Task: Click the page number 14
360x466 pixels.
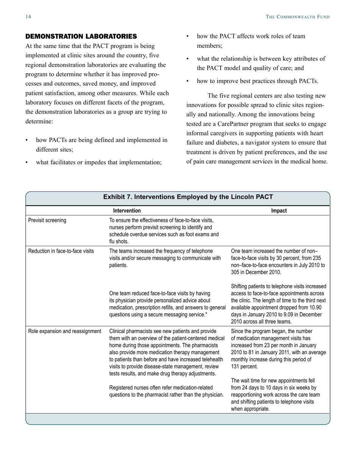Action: pyautogui.click(x=28, y=17)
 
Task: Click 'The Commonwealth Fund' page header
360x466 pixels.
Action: pyautogui.click(x=297, y=17)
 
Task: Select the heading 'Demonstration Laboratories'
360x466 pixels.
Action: pyautogui.click(x=81, y=36)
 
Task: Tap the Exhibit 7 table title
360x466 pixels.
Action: pyautogui.click(x=188, y=197)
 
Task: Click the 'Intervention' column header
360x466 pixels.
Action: pyautogui.click(x=127, y=211)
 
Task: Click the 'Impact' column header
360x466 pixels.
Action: pyautogui.click(x=279, y=211)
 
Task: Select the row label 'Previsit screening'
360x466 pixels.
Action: pyautogui.click(x=47, y=220)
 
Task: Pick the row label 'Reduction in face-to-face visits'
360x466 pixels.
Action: pyautogui.click(x=61, y=251)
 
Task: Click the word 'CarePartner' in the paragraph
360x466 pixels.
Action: pyautogui.click(x=243, y=124)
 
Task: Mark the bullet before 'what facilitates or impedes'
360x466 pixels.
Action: pyautogui.click(x=27, y=163)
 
